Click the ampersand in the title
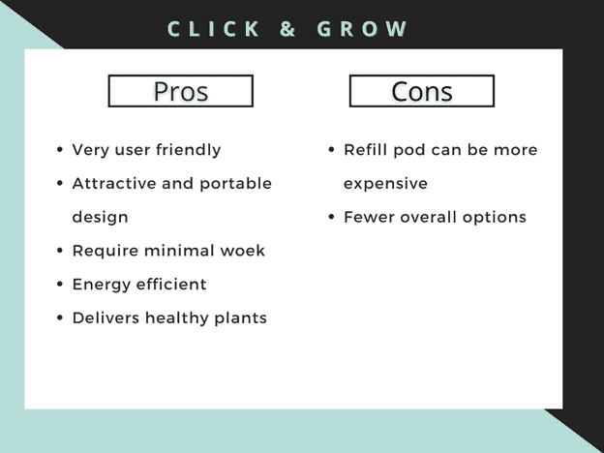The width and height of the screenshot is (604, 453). [x=287, y=29]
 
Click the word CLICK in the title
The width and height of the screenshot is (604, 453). [x=213, y=29]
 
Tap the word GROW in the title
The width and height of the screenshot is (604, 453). [x=362, y=29]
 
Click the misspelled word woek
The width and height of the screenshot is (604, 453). [x=242, y=251]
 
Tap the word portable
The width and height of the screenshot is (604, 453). [x=236, y=184]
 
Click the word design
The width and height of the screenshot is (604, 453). [x=100, y=218]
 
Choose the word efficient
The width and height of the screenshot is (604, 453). [x=171, y=285]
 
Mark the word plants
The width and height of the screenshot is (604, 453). [x=240, y=319]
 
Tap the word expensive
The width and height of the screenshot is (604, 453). [x=385, y=184]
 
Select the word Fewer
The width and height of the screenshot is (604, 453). [x=370, y=217]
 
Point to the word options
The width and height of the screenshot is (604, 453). [x=495, y=218]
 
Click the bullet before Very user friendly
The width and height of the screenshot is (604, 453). [x=60, y=150]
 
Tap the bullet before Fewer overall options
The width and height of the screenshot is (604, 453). [x=331, y=217]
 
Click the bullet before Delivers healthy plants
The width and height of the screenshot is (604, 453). [x=60, y=318]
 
